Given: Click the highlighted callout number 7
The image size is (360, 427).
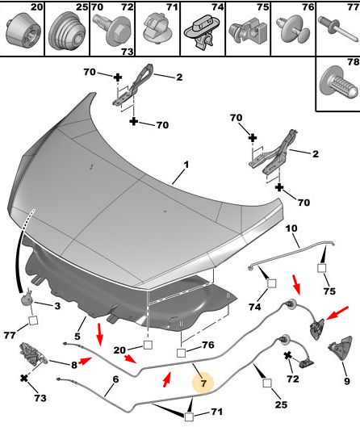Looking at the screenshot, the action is [x=203, y=383].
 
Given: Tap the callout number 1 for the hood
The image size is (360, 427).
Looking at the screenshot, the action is [x=186, y=165].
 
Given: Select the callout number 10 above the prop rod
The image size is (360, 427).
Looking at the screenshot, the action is [x=291, y=228].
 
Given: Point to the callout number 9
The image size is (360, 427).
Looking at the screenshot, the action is [x=346, y=381].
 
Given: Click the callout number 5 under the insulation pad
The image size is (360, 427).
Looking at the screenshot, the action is [x=77, y=337].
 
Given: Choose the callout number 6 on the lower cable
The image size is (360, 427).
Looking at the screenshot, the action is [x=115, y=379].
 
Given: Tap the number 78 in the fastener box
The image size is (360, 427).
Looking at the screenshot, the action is [x=354, y=62].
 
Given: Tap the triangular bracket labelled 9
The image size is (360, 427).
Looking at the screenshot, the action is [x=341, y=350].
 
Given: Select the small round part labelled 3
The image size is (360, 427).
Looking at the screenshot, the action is [x=27, y=298].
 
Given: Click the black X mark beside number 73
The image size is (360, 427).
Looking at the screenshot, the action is [x=24, y=378].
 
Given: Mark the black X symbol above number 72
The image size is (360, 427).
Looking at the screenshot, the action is [x=288, y=355].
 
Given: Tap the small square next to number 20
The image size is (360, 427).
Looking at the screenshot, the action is [x=148, y=345].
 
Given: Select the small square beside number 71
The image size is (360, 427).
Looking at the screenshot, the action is [x=189, y=417].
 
